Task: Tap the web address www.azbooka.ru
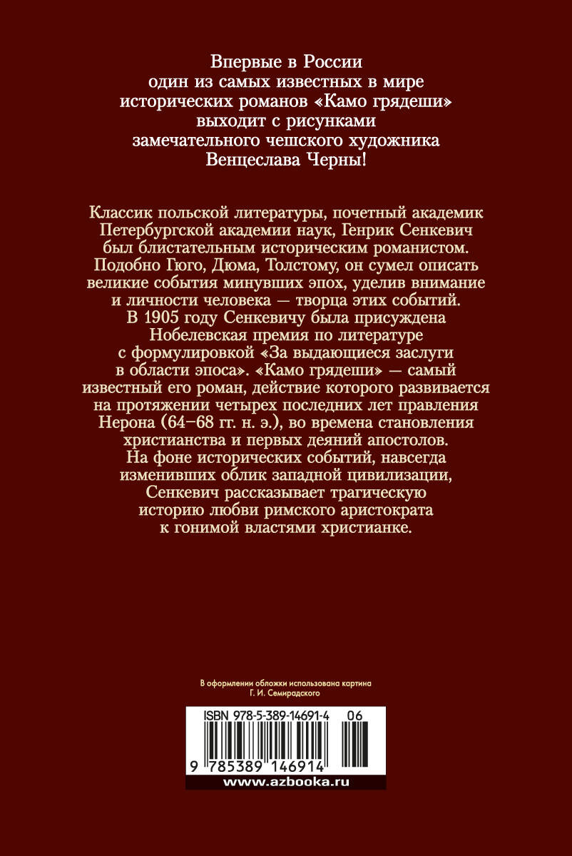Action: [x=286, y=783]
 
